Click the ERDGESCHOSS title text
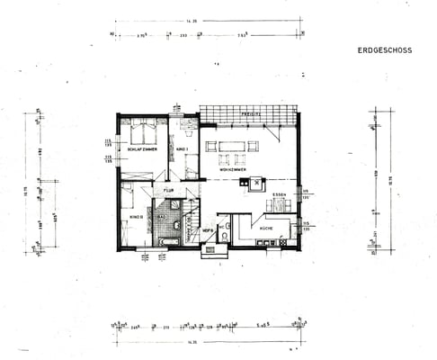384,50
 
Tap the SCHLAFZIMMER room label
142,148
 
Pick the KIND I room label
181,148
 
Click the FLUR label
167,191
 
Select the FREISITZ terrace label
251,115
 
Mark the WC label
209,229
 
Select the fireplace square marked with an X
257,182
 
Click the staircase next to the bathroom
193,222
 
